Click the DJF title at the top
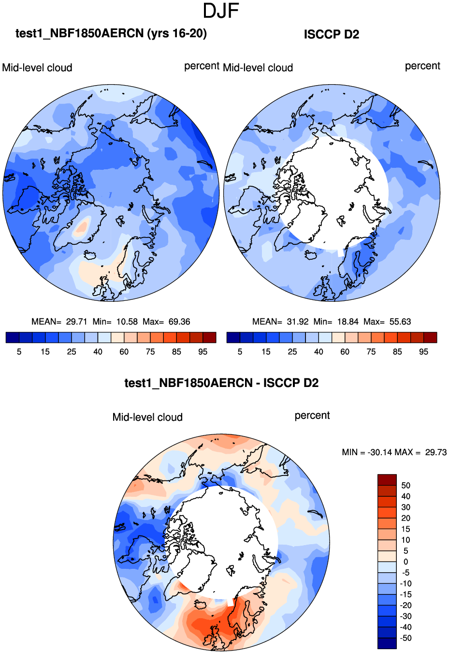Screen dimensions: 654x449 click(x=221, y=11)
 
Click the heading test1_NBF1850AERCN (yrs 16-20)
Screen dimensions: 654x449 click(x=111, y=33)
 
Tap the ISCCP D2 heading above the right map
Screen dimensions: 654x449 click(x=332, y=34)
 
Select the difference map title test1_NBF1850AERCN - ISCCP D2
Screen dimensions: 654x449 click(x=221, y=383)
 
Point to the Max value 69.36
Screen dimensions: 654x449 click(x=179, y=322)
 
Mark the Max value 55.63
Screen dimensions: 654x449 click(x=400, y=322)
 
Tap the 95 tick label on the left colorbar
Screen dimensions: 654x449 click(x=203, y=352)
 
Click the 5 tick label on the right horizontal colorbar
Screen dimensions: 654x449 click(x=240, y=352)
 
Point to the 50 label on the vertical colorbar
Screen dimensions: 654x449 click(x=406, y=486)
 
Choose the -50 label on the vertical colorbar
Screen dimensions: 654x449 click(x=406, y=638)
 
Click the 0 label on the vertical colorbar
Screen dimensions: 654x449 click(x=406, y=562)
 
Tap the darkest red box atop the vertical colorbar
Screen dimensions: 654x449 click(x=387, y=480)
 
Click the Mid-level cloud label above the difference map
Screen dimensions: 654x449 click(x=147, y=417)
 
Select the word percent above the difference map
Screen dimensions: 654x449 click(x=312, y=416)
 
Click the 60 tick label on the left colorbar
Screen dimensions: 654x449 click(x=124, y=352)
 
